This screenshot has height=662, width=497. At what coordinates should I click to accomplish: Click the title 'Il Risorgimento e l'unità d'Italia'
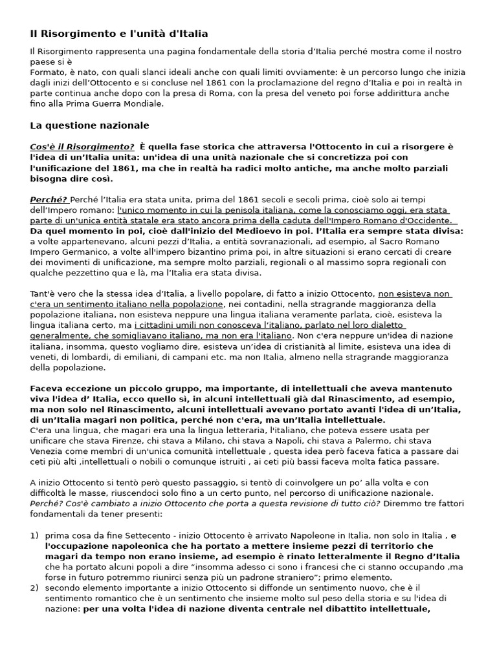(119, 33)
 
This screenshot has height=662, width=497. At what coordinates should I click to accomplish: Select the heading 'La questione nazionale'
(89, 125)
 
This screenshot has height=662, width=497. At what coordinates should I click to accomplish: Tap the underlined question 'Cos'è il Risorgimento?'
(82, 147)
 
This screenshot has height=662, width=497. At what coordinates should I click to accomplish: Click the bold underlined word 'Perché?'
(49, 199)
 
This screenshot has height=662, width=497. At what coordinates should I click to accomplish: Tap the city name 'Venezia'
(47, 451)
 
